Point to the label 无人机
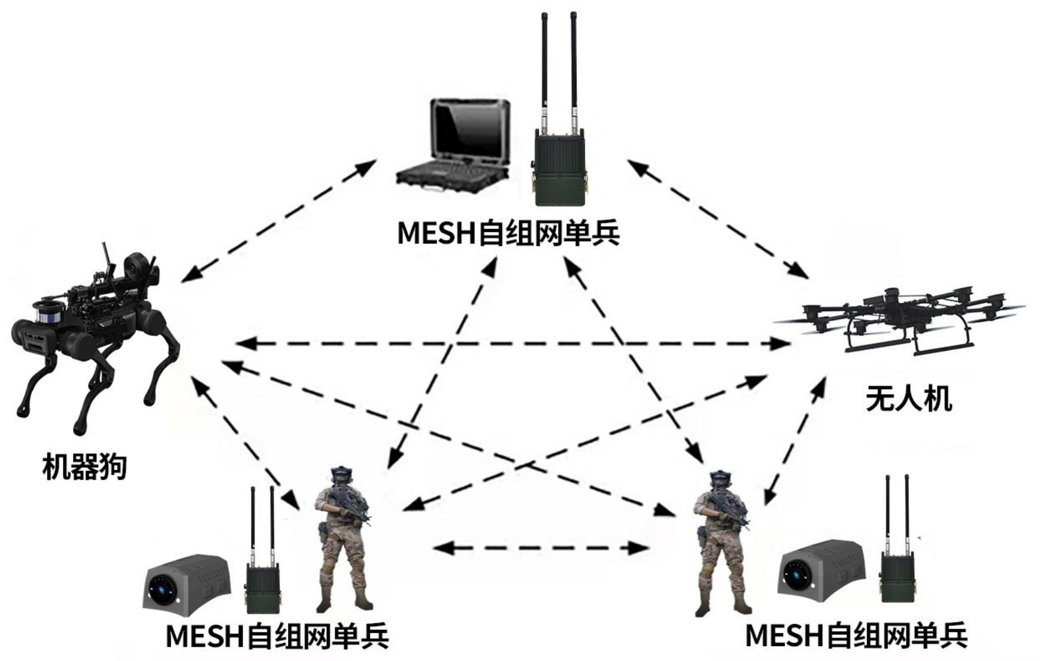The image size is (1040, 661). (x=908, y=398)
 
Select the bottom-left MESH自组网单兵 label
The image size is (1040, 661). (x=277, y=635)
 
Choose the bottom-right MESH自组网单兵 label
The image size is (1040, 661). (x=856, y=634)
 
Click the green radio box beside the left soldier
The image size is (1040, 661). (x=262, y=586)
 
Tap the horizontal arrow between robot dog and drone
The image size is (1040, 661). (x=512, y=343)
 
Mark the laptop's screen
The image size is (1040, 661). (x=470, y=132)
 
